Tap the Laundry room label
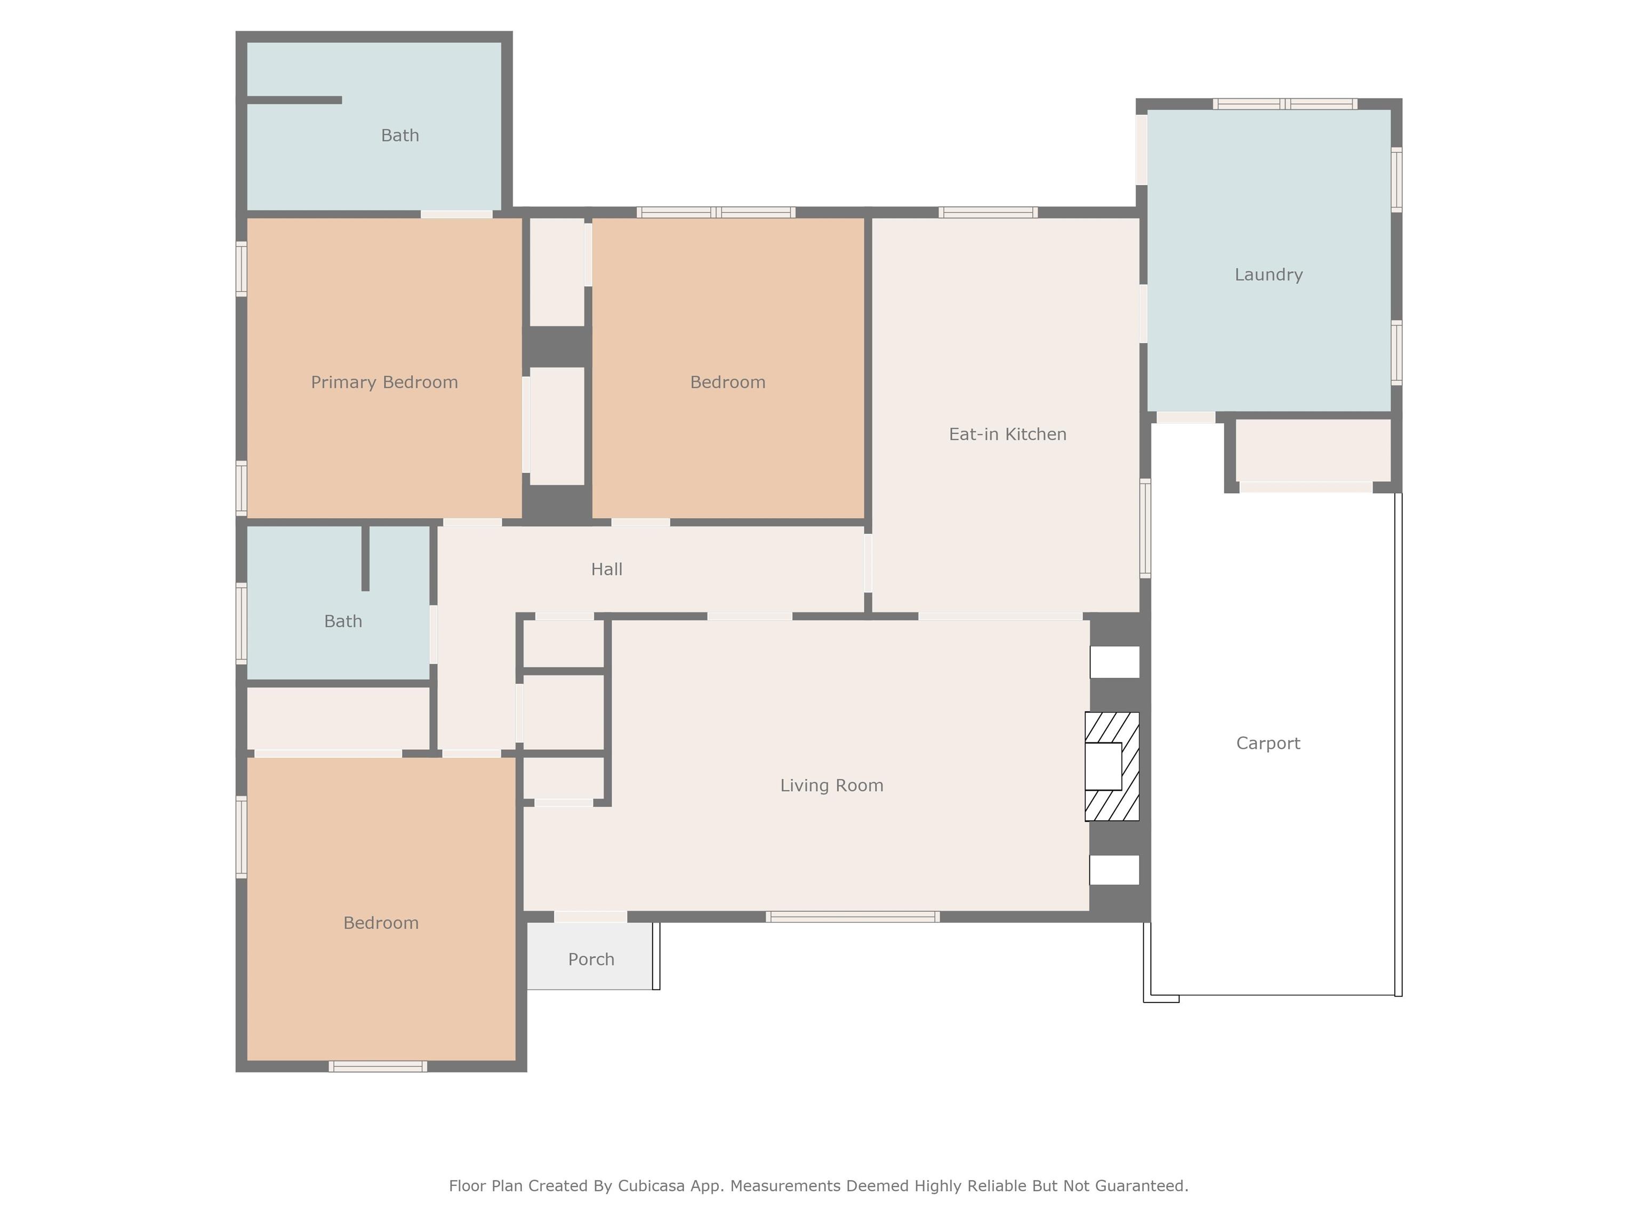pos(1268,274)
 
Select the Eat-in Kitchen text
pos(1007,434)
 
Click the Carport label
pos(1268,743)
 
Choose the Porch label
pos(591,959)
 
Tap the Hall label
pos(606,569)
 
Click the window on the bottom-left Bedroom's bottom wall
pos(378,1067)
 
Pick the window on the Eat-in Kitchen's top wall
pos(988,213)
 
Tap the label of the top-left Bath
pos(400,135)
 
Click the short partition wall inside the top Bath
pos(294,100)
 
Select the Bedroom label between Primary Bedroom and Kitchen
pos(727,382)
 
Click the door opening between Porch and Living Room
pos(590,917)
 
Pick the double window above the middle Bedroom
pos(716,213)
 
